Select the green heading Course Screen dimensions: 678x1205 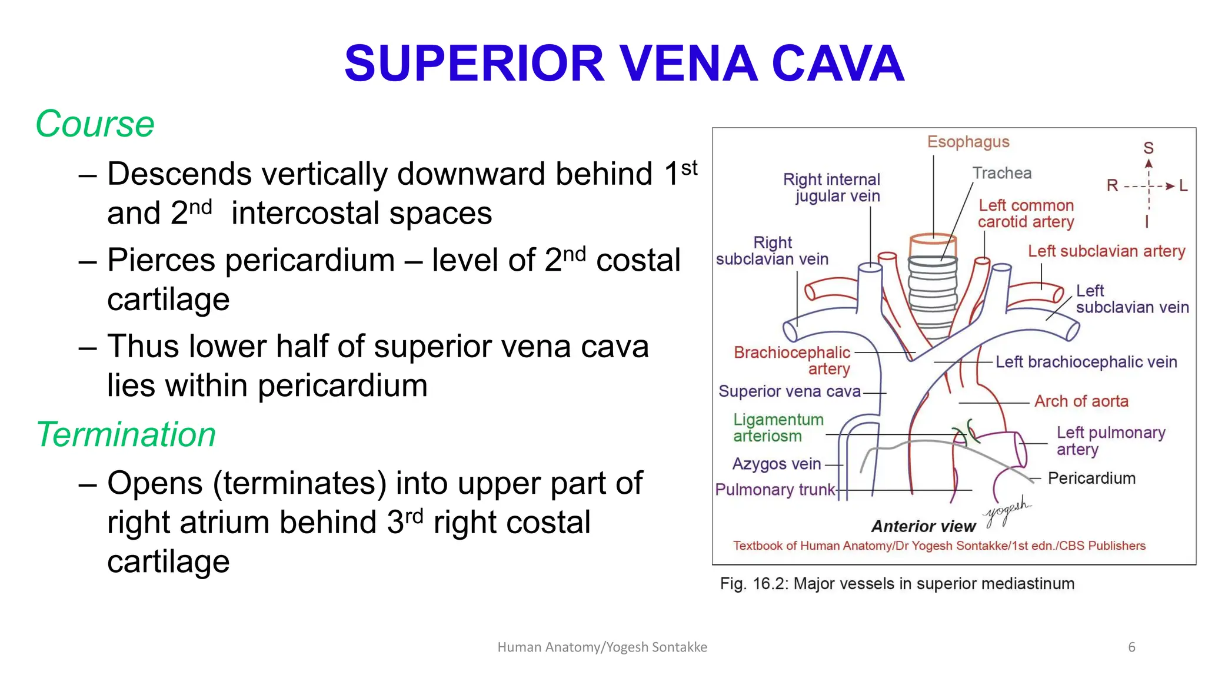click(95, 124)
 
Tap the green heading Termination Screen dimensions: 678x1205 click(126, 435)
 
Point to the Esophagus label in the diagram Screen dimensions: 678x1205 click(968, 142)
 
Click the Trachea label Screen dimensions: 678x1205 click(1001, 173)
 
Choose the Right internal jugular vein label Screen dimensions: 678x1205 click(832, 188)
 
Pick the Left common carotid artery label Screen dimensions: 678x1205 click(1026, 214)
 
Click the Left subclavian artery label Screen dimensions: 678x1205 click(1106, 251)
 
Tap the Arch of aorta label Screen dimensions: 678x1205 click(1081, 401)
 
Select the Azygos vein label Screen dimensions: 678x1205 click(776, 464)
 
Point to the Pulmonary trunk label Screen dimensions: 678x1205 click(775, 490)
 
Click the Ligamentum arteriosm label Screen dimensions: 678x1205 click(778, 428)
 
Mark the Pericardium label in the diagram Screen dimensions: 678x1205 click(1091, 478)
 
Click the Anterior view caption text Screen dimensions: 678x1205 click(923, 526)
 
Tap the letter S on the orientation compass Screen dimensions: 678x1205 click(1149, 148)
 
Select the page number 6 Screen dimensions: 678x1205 click(1131, 647)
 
